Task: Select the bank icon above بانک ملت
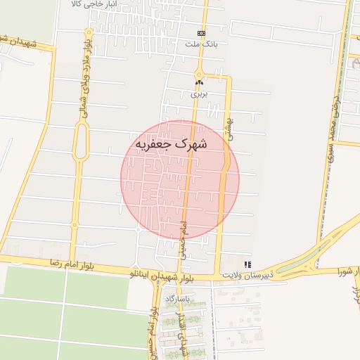202,33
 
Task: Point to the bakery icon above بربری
199,82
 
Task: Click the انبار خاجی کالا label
98,4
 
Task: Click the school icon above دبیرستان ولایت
247,264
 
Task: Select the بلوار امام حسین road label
153,330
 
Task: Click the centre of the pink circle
180,180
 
